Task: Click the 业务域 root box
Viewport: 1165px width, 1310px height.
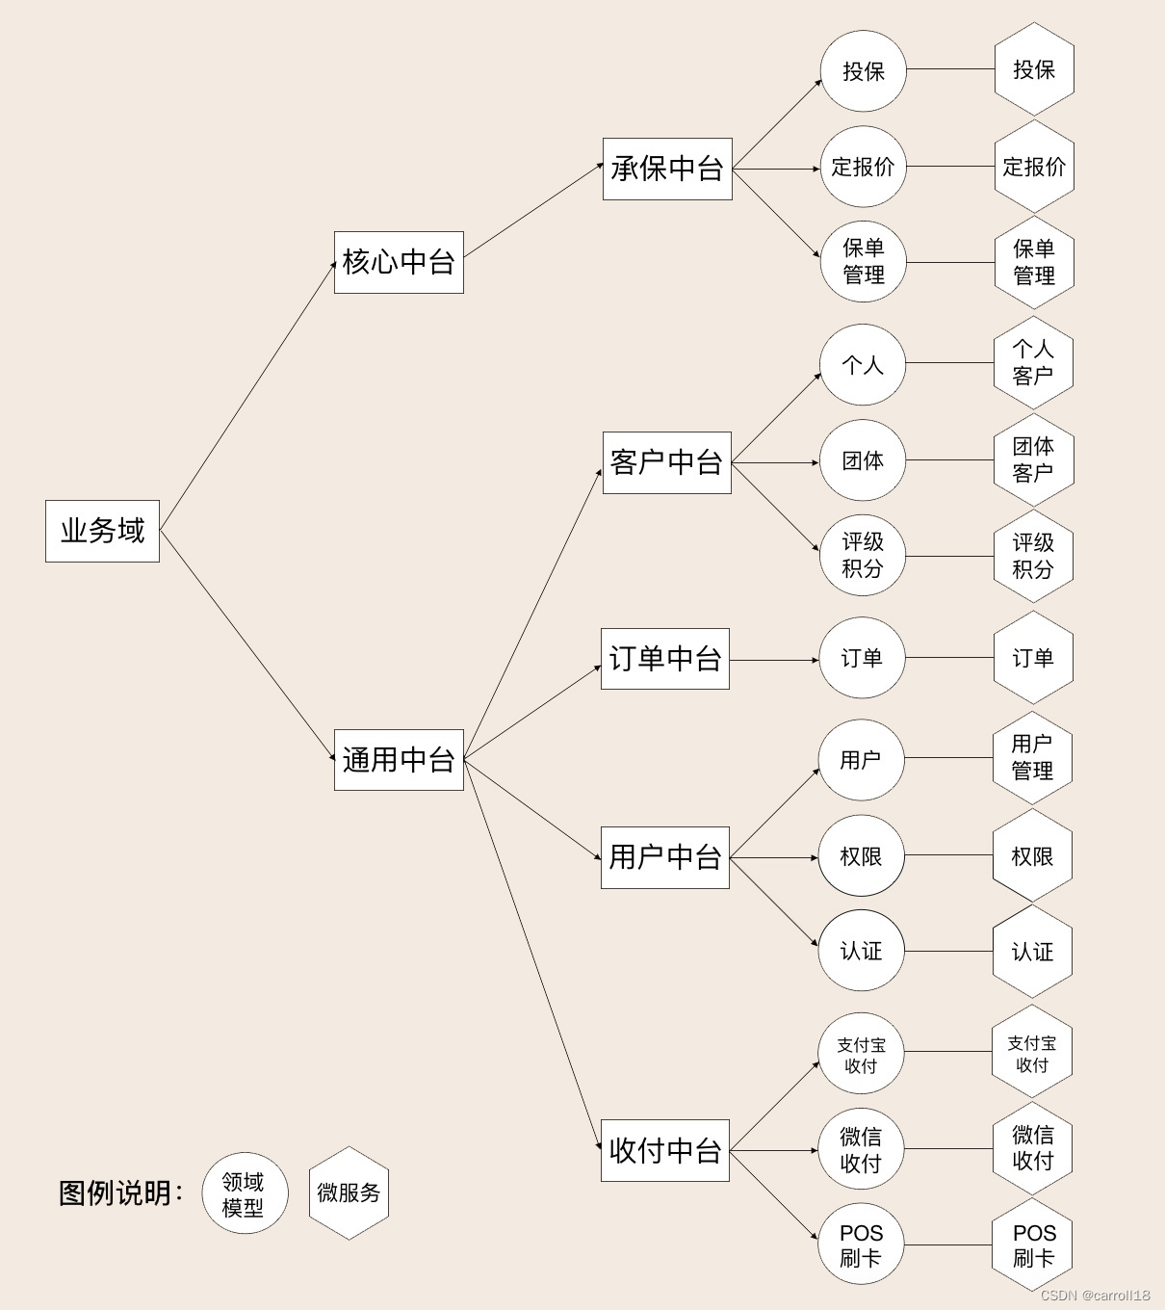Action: [102, 531]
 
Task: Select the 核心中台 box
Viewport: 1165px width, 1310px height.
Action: [399, 262]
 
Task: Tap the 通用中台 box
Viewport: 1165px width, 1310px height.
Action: [399, 760]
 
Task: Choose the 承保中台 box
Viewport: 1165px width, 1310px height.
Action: [667, 170]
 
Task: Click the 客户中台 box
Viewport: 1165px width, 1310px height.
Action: [666, 463]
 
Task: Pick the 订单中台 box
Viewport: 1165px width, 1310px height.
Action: [665, 659]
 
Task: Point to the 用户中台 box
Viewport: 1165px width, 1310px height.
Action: [665, 857]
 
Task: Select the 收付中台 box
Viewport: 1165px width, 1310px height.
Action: [665, 1150]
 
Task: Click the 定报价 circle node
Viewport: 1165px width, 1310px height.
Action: [864, 167]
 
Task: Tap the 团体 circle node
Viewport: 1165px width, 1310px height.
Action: [863, 460]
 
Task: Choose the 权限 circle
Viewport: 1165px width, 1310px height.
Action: [861, 856]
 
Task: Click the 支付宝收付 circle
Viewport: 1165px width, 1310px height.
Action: [861, 1055]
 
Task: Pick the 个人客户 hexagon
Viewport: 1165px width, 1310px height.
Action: [1033, 362]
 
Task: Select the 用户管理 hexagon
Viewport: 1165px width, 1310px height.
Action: [1032, 757]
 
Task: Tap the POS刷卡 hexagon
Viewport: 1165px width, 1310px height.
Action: [1033, 1245]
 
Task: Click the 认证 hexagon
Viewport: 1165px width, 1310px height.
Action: [1032, 952]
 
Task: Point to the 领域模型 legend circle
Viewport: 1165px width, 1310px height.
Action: [245, 1193]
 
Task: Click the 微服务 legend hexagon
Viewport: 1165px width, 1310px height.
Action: [349, 1192]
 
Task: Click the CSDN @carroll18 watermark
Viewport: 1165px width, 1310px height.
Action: [1096, 1296]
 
